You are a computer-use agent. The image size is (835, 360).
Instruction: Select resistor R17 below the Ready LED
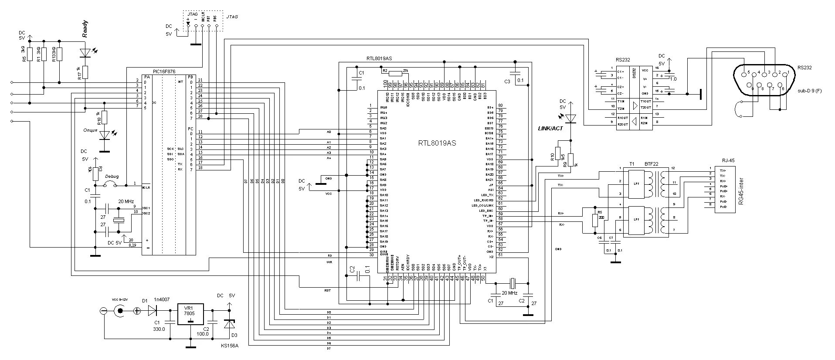coord(85,72)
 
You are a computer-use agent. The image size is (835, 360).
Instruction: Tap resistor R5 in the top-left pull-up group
coord(30,54)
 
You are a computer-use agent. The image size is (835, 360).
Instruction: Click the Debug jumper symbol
coord(110,185)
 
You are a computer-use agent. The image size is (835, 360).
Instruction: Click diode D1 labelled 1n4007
coord(152,310)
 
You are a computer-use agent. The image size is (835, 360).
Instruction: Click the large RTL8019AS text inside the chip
coord(437,143)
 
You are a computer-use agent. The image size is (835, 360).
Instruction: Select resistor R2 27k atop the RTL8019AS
coord(396,72)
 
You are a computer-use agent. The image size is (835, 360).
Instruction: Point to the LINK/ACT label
coord(551,128)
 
